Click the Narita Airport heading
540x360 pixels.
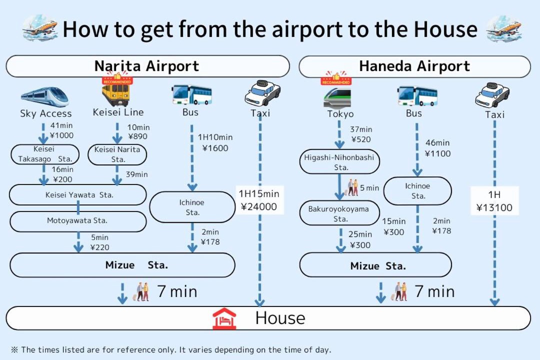click(x=146, y=66)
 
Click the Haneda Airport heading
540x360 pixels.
click(x=414, y=66)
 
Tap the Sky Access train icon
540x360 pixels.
click(x=45, y=96)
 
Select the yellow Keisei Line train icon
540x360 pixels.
click(x=116, y=93)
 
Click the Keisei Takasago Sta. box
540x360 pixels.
click(x=45, y=154)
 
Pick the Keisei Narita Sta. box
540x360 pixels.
click(x=117, y=154)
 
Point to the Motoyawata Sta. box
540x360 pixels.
click(x=78, y=221)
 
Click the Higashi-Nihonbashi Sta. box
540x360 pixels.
click(x=339, y=162)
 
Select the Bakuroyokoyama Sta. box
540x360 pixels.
click(x=339, y=213)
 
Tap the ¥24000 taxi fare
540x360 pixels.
click(x=258, y=206)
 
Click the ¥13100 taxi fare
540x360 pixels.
click(x=494, y=207)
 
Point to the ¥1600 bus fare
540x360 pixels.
click(x=215, y=148)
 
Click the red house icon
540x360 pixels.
click(x=224, y=318)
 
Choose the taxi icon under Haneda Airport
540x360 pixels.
click(x=492, y=94)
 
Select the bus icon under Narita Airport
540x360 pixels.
click(x=192, y=94)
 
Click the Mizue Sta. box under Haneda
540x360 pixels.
click(x=375, y=265)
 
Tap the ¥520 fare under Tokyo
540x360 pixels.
click(x=361, y=139)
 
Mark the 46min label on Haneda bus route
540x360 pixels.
click(x=437, y=142)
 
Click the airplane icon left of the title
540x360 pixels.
click(x=40, y=27)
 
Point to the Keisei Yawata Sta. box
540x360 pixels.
click(x=78, y=195)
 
